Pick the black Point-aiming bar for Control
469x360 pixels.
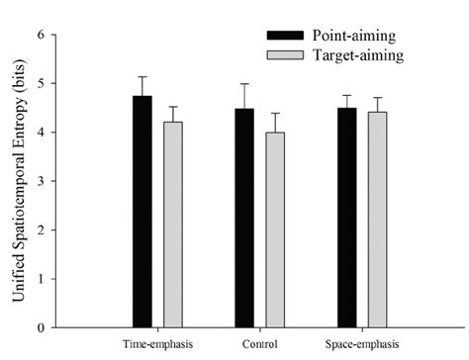(244, 218)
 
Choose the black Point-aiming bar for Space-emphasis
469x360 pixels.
(346, 217)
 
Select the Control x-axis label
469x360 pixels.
(259, 345)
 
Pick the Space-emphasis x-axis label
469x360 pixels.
(362, 345)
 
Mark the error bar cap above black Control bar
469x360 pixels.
(244, 84)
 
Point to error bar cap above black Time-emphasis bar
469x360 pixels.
(142, 77)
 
